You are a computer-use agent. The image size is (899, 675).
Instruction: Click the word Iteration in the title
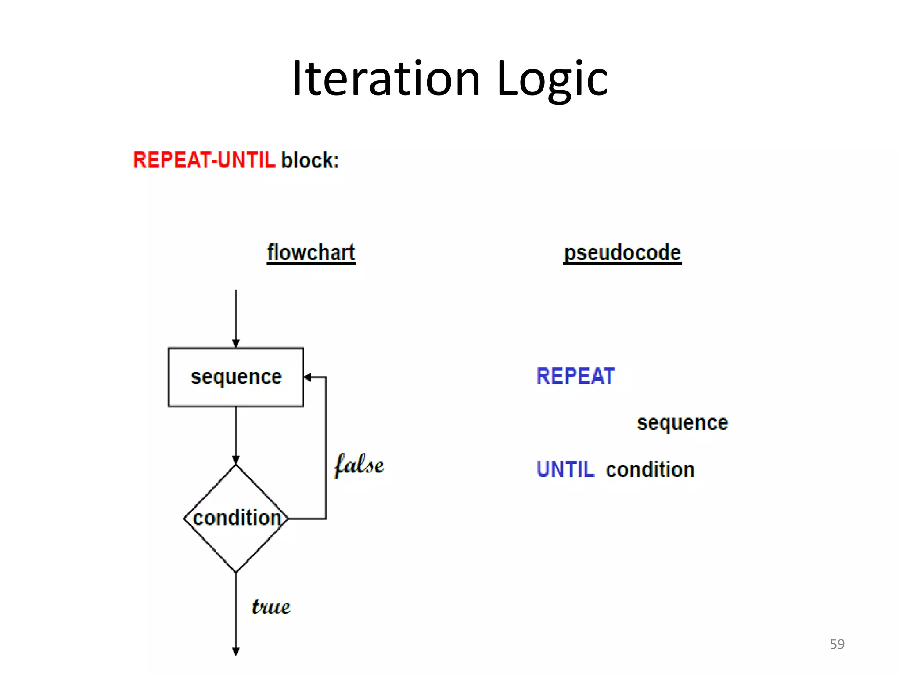click(386, 79)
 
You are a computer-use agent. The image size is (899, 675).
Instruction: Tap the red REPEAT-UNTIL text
click(204, 160)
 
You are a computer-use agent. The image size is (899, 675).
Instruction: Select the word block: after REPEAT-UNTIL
click(310, 160)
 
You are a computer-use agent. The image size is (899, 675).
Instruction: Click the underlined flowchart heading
click(311, 253)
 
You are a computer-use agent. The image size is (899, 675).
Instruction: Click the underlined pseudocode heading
click(622, 253)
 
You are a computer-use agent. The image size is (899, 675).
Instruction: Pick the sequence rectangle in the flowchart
click(236, 377)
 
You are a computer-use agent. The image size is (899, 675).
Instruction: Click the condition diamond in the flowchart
click(236, 519)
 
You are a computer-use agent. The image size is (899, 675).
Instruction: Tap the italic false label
click(359, 465)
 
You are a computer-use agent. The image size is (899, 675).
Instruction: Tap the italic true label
click(271, 607)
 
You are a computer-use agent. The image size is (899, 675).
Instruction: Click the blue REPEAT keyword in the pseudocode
click(575, 376)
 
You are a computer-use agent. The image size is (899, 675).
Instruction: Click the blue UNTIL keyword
click(565, 469)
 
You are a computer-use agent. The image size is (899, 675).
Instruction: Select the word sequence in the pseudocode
click(682, 423)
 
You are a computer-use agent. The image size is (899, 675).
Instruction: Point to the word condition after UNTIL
click(650, 469)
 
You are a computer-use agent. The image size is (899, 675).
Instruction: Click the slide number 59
click(837, 644)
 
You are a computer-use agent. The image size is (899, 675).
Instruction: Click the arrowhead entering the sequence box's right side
click(308, 377)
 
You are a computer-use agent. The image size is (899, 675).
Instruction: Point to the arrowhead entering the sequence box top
click(236, 343)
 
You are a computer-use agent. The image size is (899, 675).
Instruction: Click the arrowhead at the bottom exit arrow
click(236, 651)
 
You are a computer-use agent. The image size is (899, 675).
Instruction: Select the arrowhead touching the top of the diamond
click(236, 460)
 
